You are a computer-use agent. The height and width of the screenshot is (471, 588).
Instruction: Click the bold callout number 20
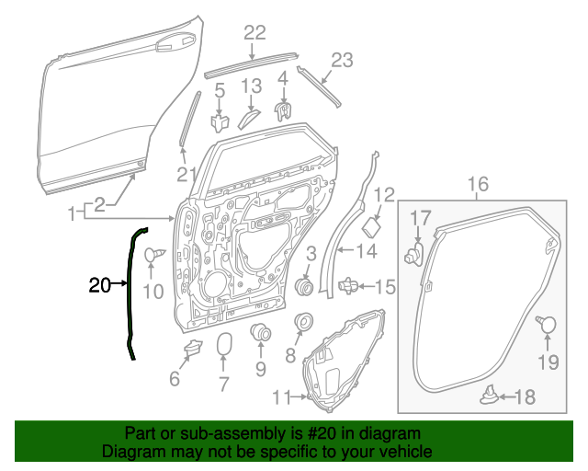(x=99, y=285)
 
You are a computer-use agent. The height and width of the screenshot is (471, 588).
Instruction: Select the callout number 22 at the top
(x=254, y=33)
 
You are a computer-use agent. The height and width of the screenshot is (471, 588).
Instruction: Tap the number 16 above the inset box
(x=479, y=184)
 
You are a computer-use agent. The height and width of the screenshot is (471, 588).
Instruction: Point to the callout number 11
(x=280, y=396)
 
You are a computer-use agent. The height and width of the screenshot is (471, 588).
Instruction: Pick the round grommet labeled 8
(x=301, y=324)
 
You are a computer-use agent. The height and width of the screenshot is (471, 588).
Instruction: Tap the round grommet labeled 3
(x=306, y=287)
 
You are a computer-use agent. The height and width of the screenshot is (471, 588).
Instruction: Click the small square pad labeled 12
(x=374, y=226)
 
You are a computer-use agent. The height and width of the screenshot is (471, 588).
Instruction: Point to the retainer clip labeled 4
(x=285, y=110)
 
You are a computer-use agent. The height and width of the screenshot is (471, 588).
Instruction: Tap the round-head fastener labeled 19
(x=548, y=324)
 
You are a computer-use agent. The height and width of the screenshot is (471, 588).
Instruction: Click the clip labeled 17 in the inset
(x=414, y=252)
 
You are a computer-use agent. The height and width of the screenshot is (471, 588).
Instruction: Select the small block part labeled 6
(x=193, y=347)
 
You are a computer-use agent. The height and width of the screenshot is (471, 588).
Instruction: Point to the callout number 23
(x=341, y=61)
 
